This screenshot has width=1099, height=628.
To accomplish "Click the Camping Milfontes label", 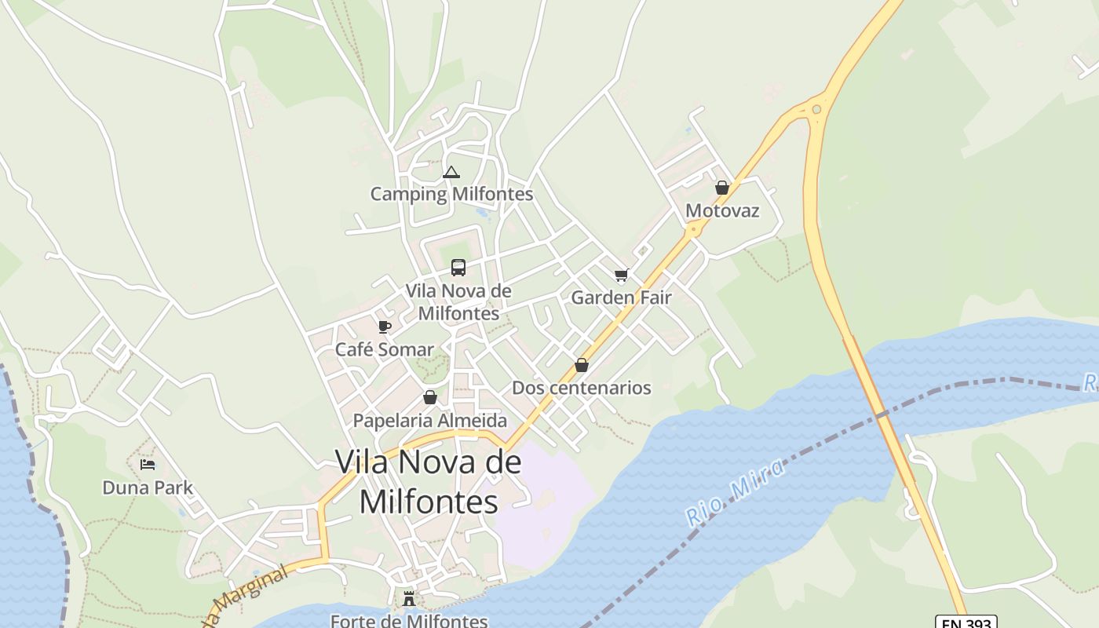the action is pyautogui.click(x=451, y=194).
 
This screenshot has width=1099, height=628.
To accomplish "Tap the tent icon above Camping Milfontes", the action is pyautogui.click(x=451, y=172).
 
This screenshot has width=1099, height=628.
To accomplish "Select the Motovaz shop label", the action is pyautogui.click(x=722, y=210).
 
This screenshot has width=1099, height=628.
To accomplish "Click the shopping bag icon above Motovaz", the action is pyautogui.click(x=722, y=188).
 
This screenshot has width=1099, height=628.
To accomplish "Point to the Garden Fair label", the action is pyautogui.click(x=621, y=298).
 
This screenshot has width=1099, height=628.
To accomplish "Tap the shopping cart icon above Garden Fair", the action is pyautogui.click(x=622, y=275).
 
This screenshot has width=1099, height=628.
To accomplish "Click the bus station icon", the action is pyautogui.click(x=458, y=268).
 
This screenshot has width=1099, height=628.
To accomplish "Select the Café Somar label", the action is pyautogui.click(x=385, y=349).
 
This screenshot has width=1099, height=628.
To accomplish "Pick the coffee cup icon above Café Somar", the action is pyautogui.click(x=385, y=327).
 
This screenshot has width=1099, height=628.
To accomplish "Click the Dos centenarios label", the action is pyautogui.click(x=582, y=388).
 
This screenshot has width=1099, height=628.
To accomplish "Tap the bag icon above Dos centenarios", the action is pyautogui.click(x=582, y=365).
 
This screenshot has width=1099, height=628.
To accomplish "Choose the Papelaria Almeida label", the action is pyautogui.click(x=430, y=420).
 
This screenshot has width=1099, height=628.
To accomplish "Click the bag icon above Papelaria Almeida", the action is pyautogui.click(x=429, y=397).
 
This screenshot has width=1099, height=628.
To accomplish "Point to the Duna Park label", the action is pyautogui.click(x=148, y=487).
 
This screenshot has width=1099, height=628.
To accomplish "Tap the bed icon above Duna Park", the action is pyautogui.click(x=148, y=465).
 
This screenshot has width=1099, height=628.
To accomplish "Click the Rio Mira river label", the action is pyautogui.click(x=735, y=493).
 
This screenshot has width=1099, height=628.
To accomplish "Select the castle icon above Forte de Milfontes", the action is pyautogui.click(x=409, y=599).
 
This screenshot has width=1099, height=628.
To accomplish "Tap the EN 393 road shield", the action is pyautogui.click(x=967, y=623).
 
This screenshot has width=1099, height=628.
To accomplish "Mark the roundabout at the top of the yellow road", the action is pyautogui.click(x=817, y=109).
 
